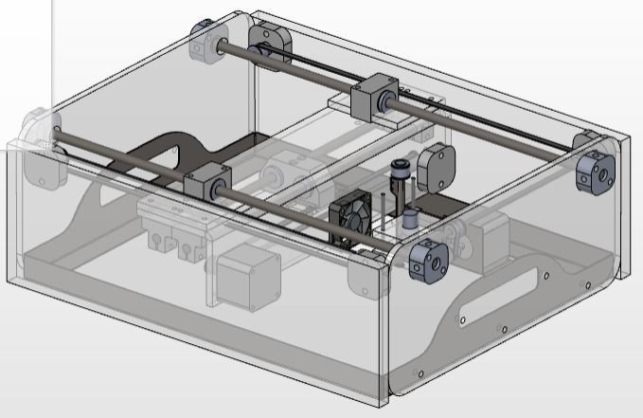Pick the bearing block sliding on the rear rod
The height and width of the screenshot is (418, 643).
coord(371,98)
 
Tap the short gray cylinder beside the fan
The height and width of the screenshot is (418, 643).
coord(411,219)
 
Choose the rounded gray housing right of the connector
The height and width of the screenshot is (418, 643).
coord(437,165)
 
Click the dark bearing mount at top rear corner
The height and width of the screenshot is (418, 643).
coord(267,42)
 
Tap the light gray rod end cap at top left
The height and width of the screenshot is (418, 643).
coord(207,39)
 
